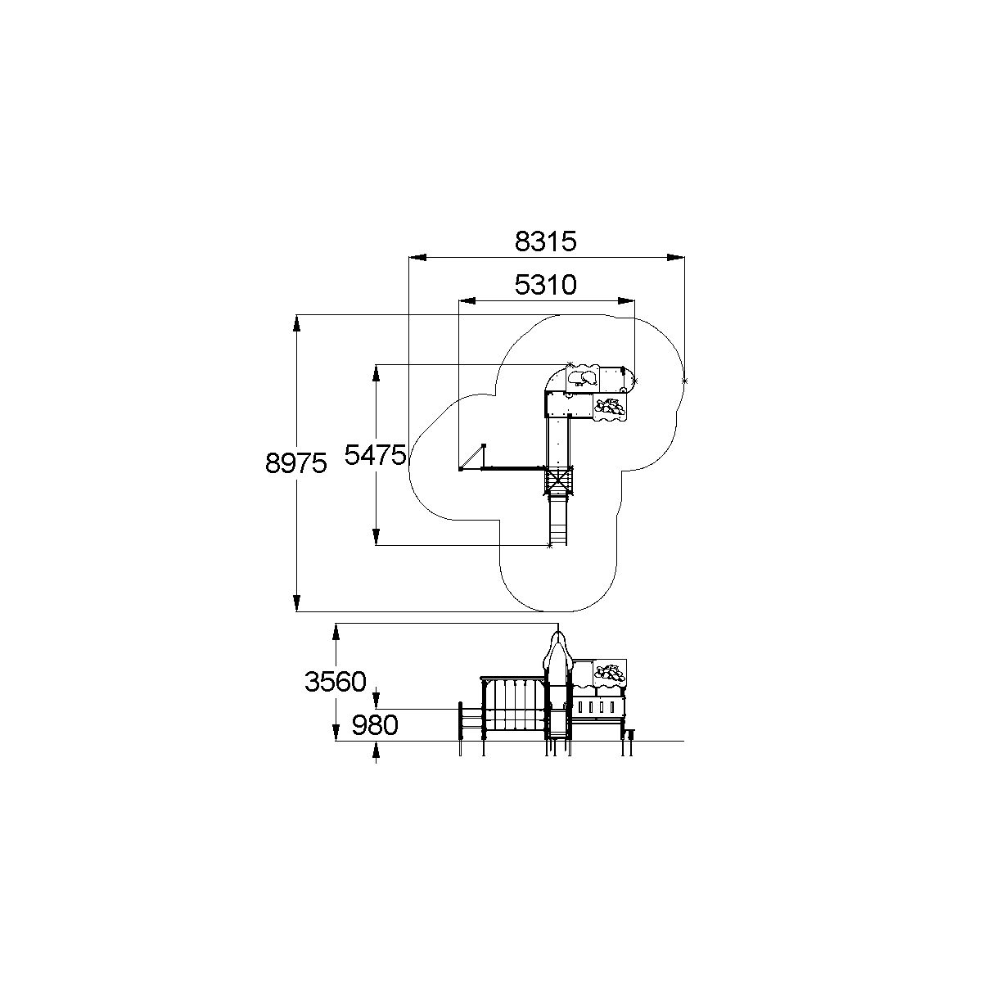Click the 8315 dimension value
[x=545, y=241]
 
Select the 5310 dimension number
[x=545, y=285]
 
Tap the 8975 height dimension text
[x=295, y=463]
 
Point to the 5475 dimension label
[x=376, y=454]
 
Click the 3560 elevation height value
[x=336, y=682]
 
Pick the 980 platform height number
[x=375, y=725]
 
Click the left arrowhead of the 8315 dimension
[x=417, y=257]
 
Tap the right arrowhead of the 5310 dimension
[x=626, y=301]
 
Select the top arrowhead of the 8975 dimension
[x=296, y=323]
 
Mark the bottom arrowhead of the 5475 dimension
[x=376, y=537]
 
